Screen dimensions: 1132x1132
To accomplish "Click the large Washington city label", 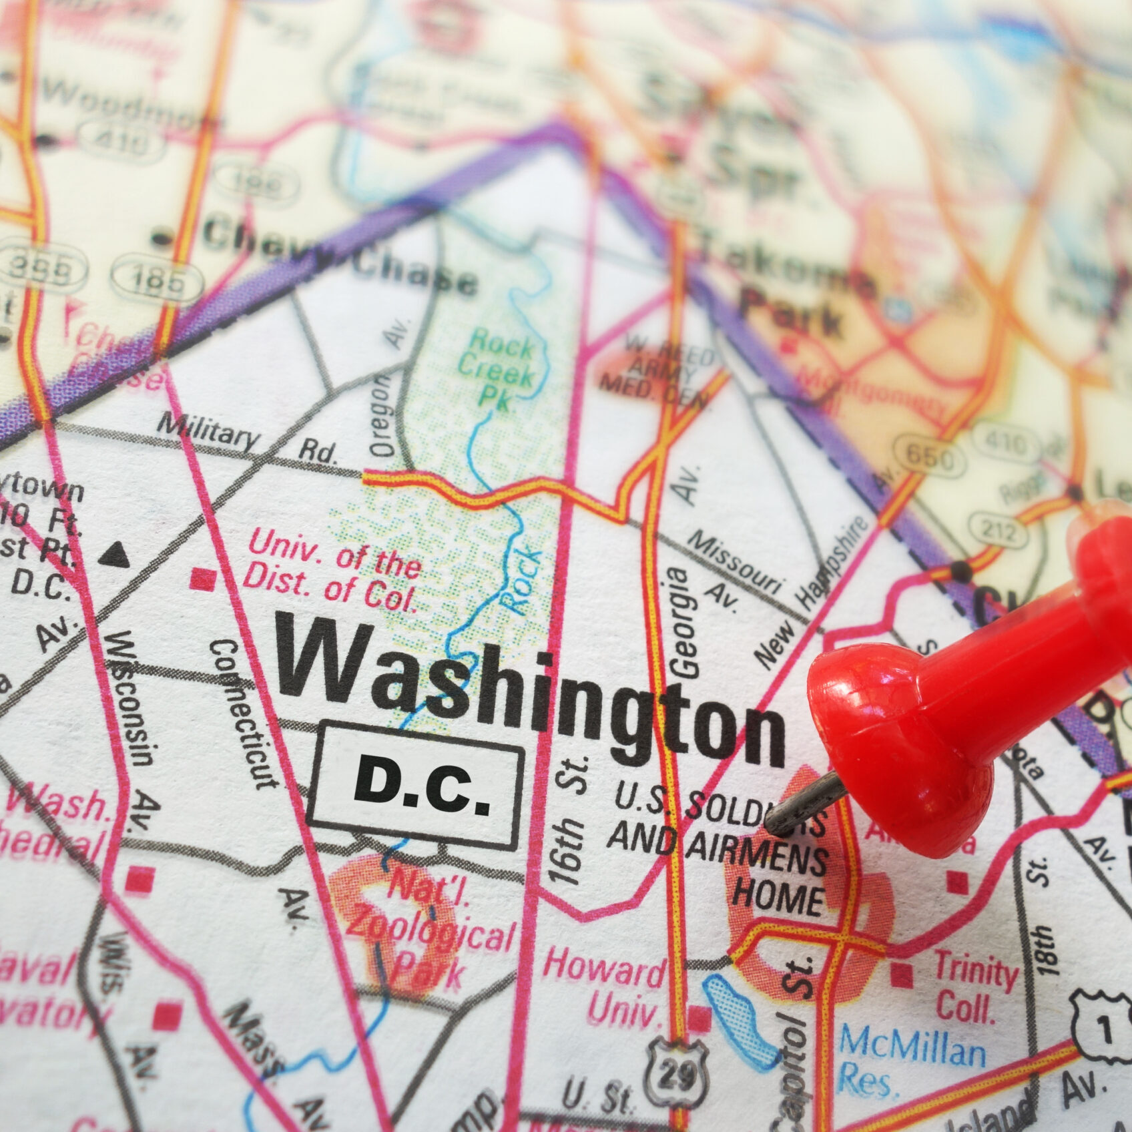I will tap(531, 694).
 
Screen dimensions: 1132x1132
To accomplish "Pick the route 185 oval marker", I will tap(156, 278).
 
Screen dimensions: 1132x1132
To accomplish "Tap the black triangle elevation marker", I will tap(117, 553).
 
